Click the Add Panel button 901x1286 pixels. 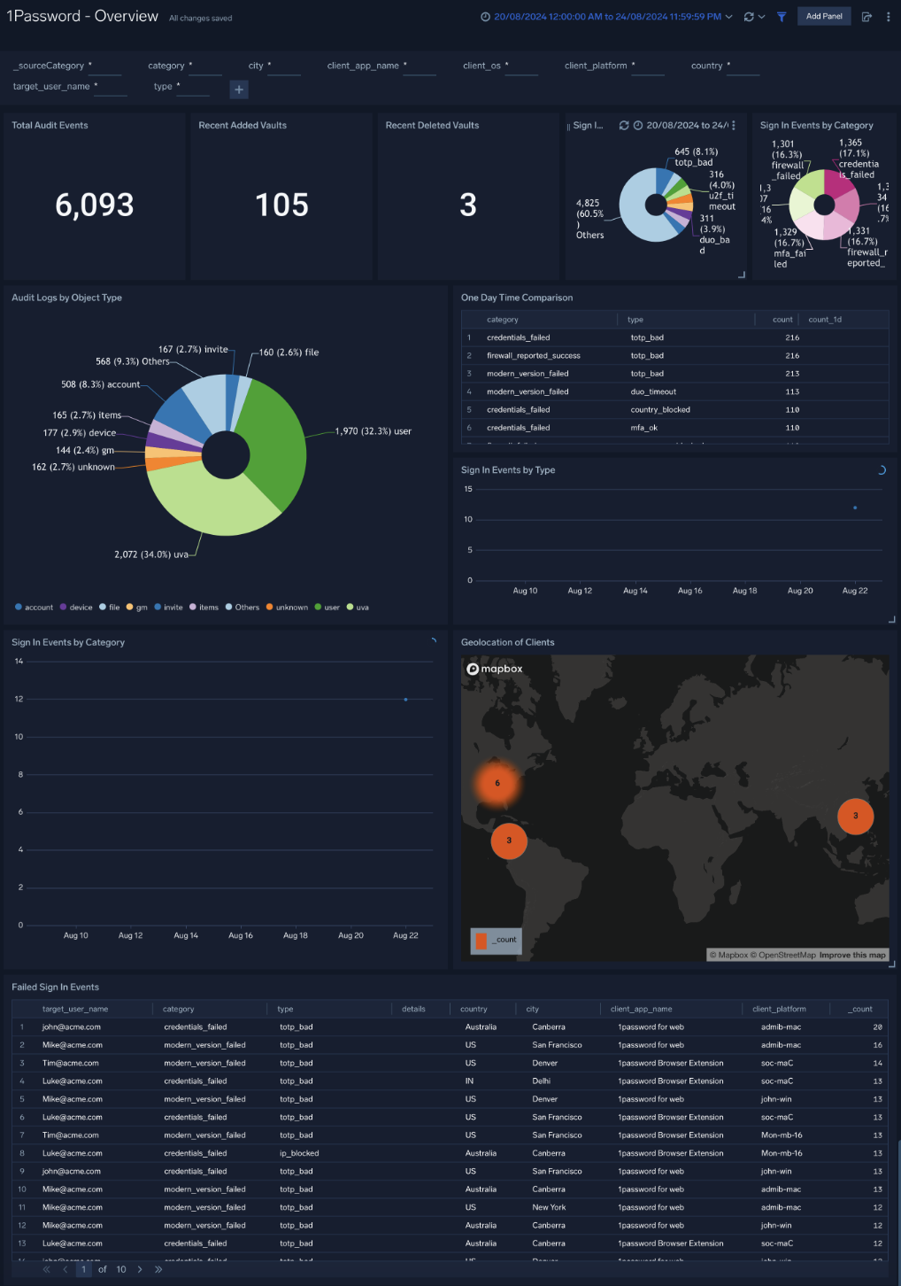[x=823, y=17]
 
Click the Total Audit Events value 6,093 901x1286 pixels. [x=95, y=205]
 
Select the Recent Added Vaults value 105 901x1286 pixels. [x=281, y=205]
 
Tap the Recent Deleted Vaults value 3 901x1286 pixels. [x=468, y=205]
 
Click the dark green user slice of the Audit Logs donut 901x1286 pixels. [x=273, y=443]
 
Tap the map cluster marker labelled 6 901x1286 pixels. [x=497, y=783]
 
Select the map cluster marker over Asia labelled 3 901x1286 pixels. [x=855, y=816]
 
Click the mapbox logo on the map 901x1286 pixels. [x=495, y=669]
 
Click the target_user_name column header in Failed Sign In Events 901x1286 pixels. [x=75, y=1009]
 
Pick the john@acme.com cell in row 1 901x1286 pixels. [x=72, y=1027]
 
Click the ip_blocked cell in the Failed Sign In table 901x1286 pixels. [x=299, y=1153]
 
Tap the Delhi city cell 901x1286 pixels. [x=541, y=1081]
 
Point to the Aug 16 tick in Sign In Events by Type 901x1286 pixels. [x=689, y=591]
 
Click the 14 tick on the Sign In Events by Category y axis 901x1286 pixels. [x=19, y=662]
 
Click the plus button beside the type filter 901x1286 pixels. [x=239, y=89]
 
